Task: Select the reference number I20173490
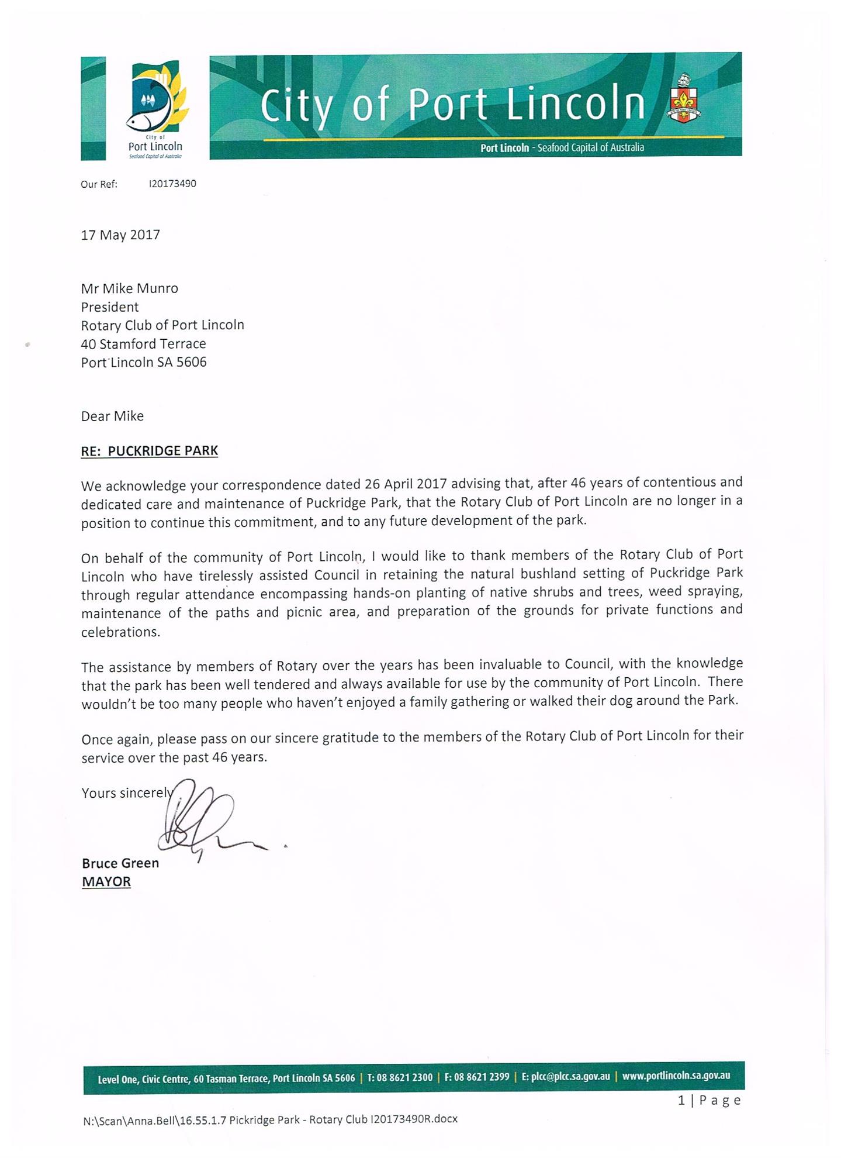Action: pos(172,184)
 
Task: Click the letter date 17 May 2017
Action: pos(120,235)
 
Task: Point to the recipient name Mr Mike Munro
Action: pos(129,288)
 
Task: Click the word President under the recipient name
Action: pos(110,307)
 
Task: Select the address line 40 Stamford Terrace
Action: pos(143,344)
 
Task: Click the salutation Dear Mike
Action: pos(112,416)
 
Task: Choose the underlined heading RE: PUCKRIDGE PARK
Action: pos(149,451)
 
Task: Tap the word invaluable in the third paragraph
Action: pos(514,664)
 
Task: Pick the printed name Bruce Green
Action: pos(120,863)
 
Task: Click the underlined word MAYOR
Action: pos(106,882)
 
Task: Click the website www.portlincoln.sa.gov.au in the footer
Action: pos(676,1076)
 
